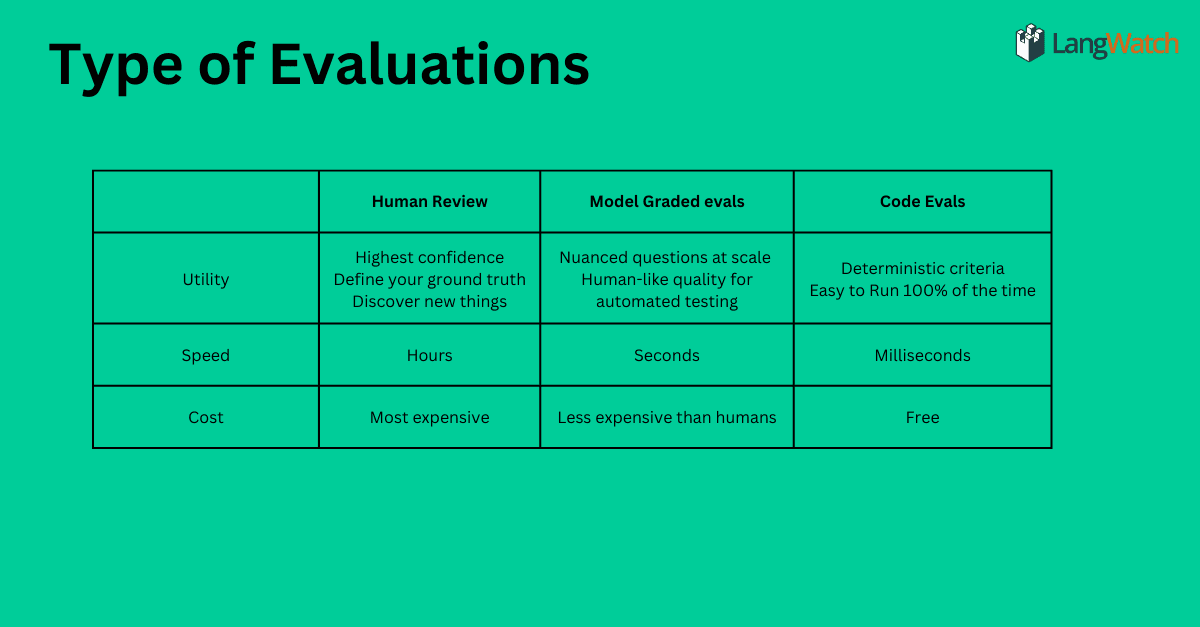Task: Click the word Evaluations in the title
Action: pos(429,65)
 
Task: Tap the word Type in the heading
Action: pos(116,68)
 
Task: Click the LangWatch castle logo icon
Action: pos(1030,43)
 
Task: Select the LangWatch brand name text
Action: pos(1115,44)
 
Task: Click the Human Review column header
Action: pos(430,201)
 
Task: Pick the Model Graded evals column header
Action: pos(667,201)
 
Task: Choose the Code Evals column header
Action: pos(922,201)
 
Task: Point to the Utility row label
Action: pos(206,279)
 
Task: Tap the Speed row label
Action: pos(206,355)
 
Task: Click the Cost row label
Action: pos(206,417)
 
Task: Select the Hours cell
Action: pos(430,355)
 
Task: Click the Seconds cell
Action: pos(667,355)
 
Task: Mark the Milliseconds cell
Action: pos(922,355)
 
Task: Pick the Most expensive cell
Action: pos(430,417)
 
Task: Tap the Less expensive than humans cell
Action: pos(667,417)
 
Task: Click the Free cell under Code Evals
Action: pos(922,417)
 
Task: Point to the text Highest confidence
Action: pos(430,258)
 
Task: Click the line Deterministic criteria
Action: pos(922,268)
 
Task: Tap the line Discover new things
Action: pos(430,302)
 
